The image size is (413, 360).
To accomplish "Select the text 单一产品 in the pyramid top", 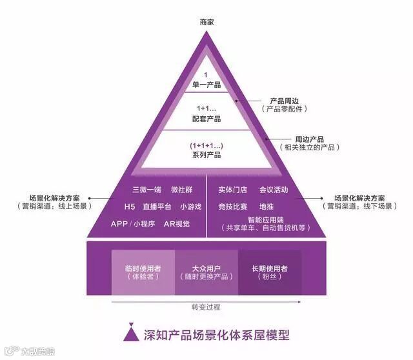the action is (206, 85).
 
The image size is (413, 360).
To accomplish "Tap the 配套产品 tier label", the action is (206, 119).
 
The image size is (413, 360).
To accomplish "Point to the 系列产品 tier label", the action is (206, 155).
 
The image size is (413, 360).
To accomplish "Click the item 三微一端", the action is (146, 190).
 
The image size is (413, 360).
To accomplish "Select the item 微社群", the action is (183, 190).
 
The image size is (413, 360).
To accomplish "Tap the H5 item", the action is (130, 207).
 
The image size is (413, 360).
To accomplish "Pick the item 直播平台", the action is (157, 207).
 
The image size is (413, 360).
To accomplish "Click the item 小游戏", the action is (191, 207).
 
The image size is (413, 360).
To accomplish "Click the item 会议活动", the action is (273, 190).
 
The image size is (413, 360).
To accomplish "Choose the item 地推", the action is (267, 206).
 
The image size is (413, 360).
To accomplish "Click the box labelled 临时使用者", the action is (143, 272).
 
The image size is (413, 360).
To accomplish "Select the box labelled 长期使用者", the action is (269, 272).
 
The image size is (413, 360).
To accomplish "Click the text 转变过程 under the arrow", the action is (206, 306).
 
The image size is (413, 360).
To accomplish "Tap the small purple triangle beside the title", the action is (132, 334).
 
